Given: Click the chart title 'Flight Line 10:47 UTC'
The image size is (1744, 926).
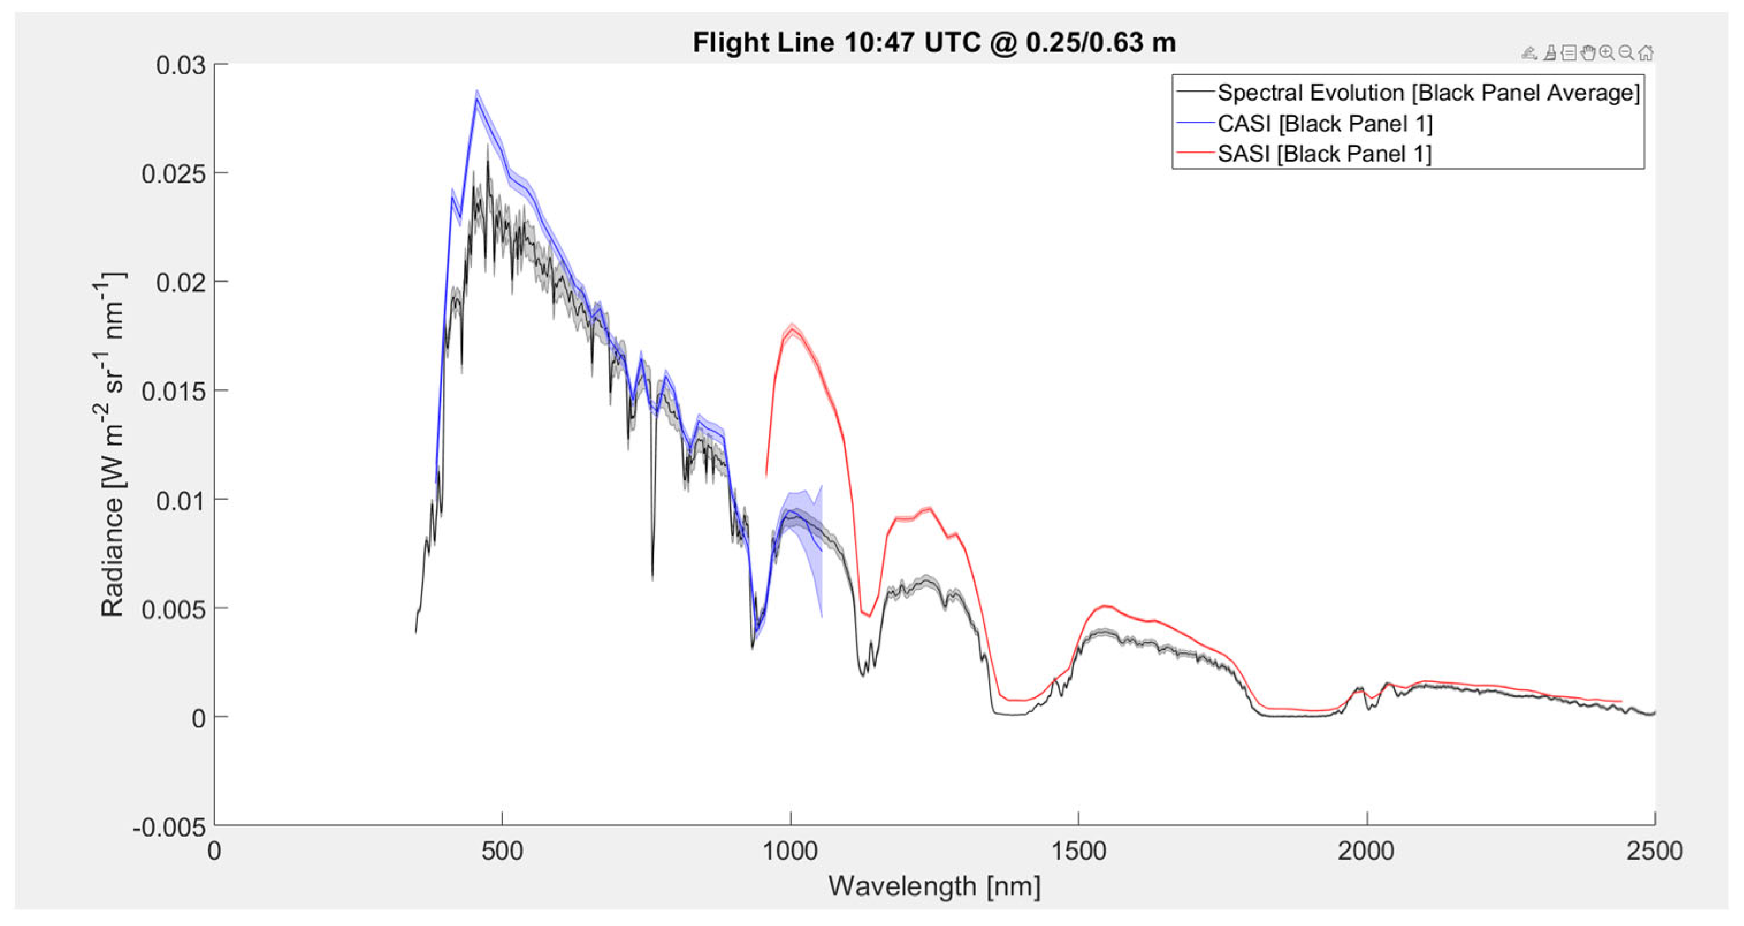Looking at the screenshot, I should [x=934, y=43].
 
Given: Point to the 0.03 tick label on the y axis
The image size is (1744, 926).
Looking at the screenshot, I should [x=180, y=65].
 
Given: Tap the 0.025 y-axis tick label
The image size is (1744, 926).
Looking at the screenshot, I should [x=173, y=174].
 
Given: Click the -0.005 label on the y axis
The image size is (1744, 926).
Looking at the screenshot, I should [x=169, y=827].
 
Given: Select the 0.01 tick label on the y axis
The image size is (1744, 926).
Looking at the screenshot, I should [x=180, y=500].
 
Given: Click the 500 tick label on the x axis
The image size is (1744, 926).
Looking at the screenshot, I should [x=502, y=851].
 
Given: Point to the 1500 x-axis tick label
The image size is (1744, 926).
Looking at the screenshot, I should [x=1078, y=851].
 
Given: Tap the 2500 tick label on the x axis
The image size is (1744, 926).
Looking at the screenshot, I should [x=1655, y=851].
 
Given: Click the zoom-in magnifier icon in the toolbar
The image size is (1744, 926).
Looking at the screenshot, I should [x=1606, y=53].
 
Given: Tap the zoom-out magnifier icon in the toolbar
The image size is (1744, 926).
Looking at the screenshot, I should [x=1626, y=53].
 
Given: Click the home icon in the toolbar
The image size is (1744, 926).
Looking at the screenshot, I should [x=1646, y=53].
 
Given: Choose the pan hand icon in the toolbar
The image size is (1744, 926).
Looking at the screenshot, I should [x=1587, y=53].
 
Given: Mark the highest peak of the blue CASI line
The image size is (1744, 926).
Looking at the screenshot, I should [x=476, y=99].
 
